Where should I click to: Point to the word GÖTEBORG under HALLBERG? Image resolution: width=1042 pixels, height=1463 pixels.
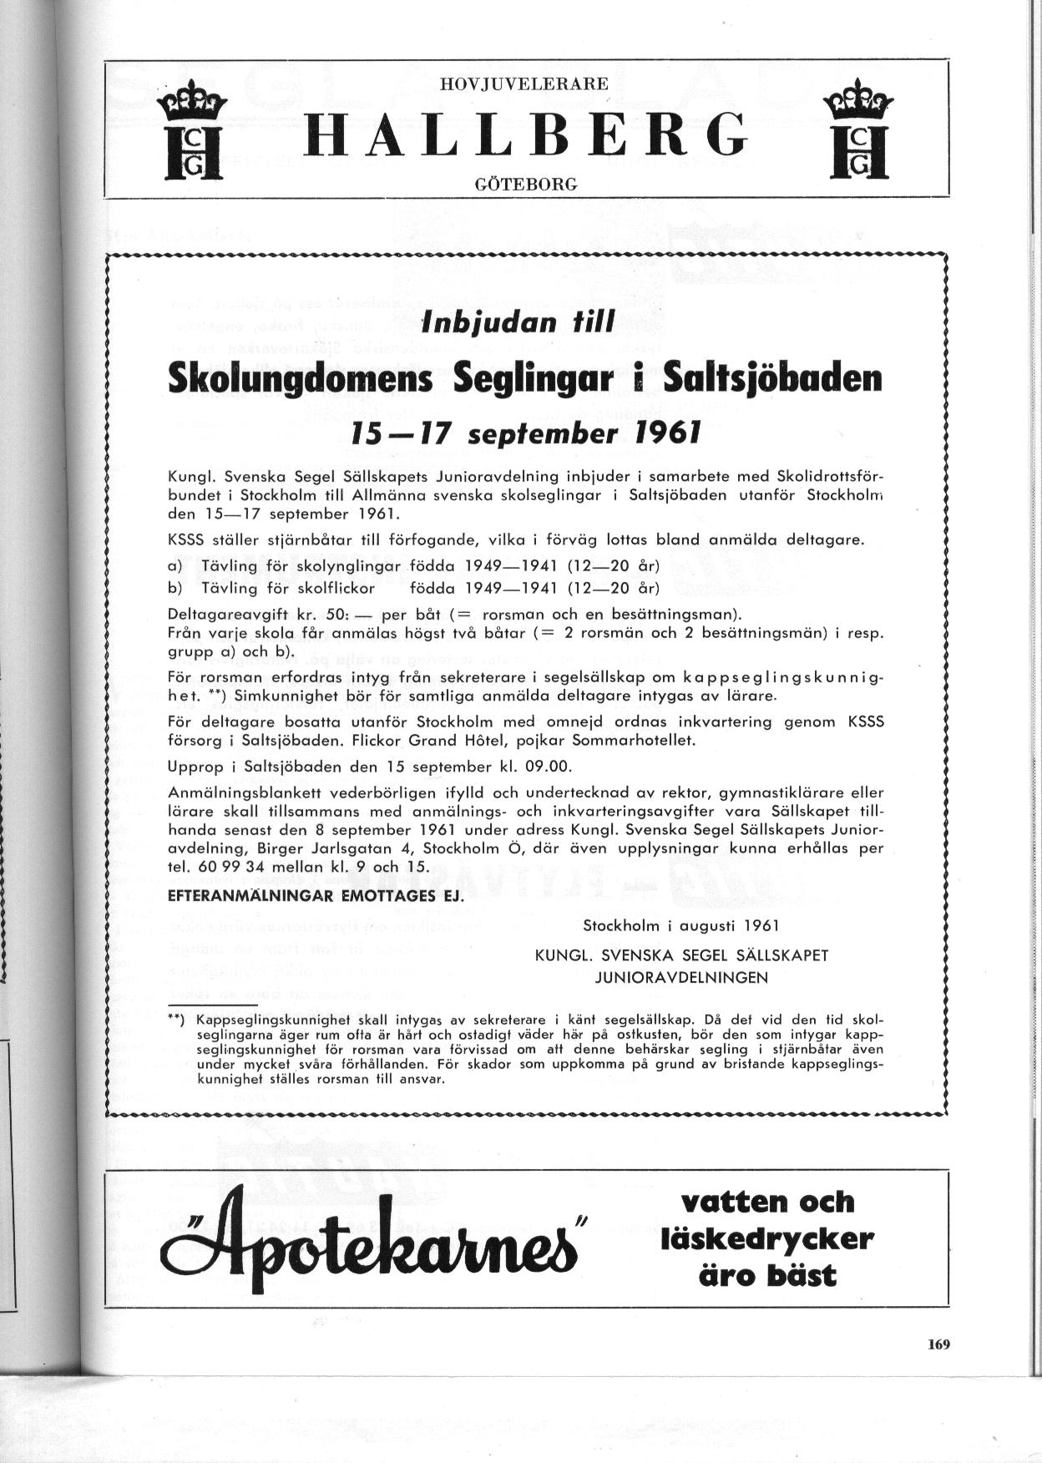pos(525,184)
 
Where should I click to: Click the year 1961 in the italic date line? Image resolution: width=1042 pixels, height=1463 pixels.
pos(660,433)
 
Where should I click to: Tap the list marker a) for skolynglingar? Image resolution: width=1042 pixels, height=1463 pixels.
pos(175,567)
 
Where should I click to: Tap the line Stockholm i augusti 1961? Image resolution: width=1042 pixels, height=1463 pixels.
pos(680,925)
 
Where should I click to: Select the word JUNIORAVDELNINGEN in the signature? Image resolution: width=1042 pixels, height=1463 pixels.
pos(680,977)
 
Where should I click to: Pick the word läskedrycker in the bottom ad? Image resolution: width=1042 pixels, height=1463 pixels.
pos(766,1238)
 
